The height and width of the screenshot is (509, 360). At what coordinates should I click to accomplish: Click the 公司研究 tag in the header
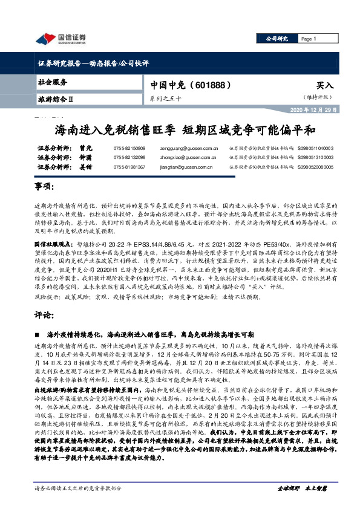tap(278, 39)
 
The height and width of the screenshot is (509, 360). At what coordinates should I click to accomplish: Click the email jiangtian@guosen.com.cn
tap(181, 166)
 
